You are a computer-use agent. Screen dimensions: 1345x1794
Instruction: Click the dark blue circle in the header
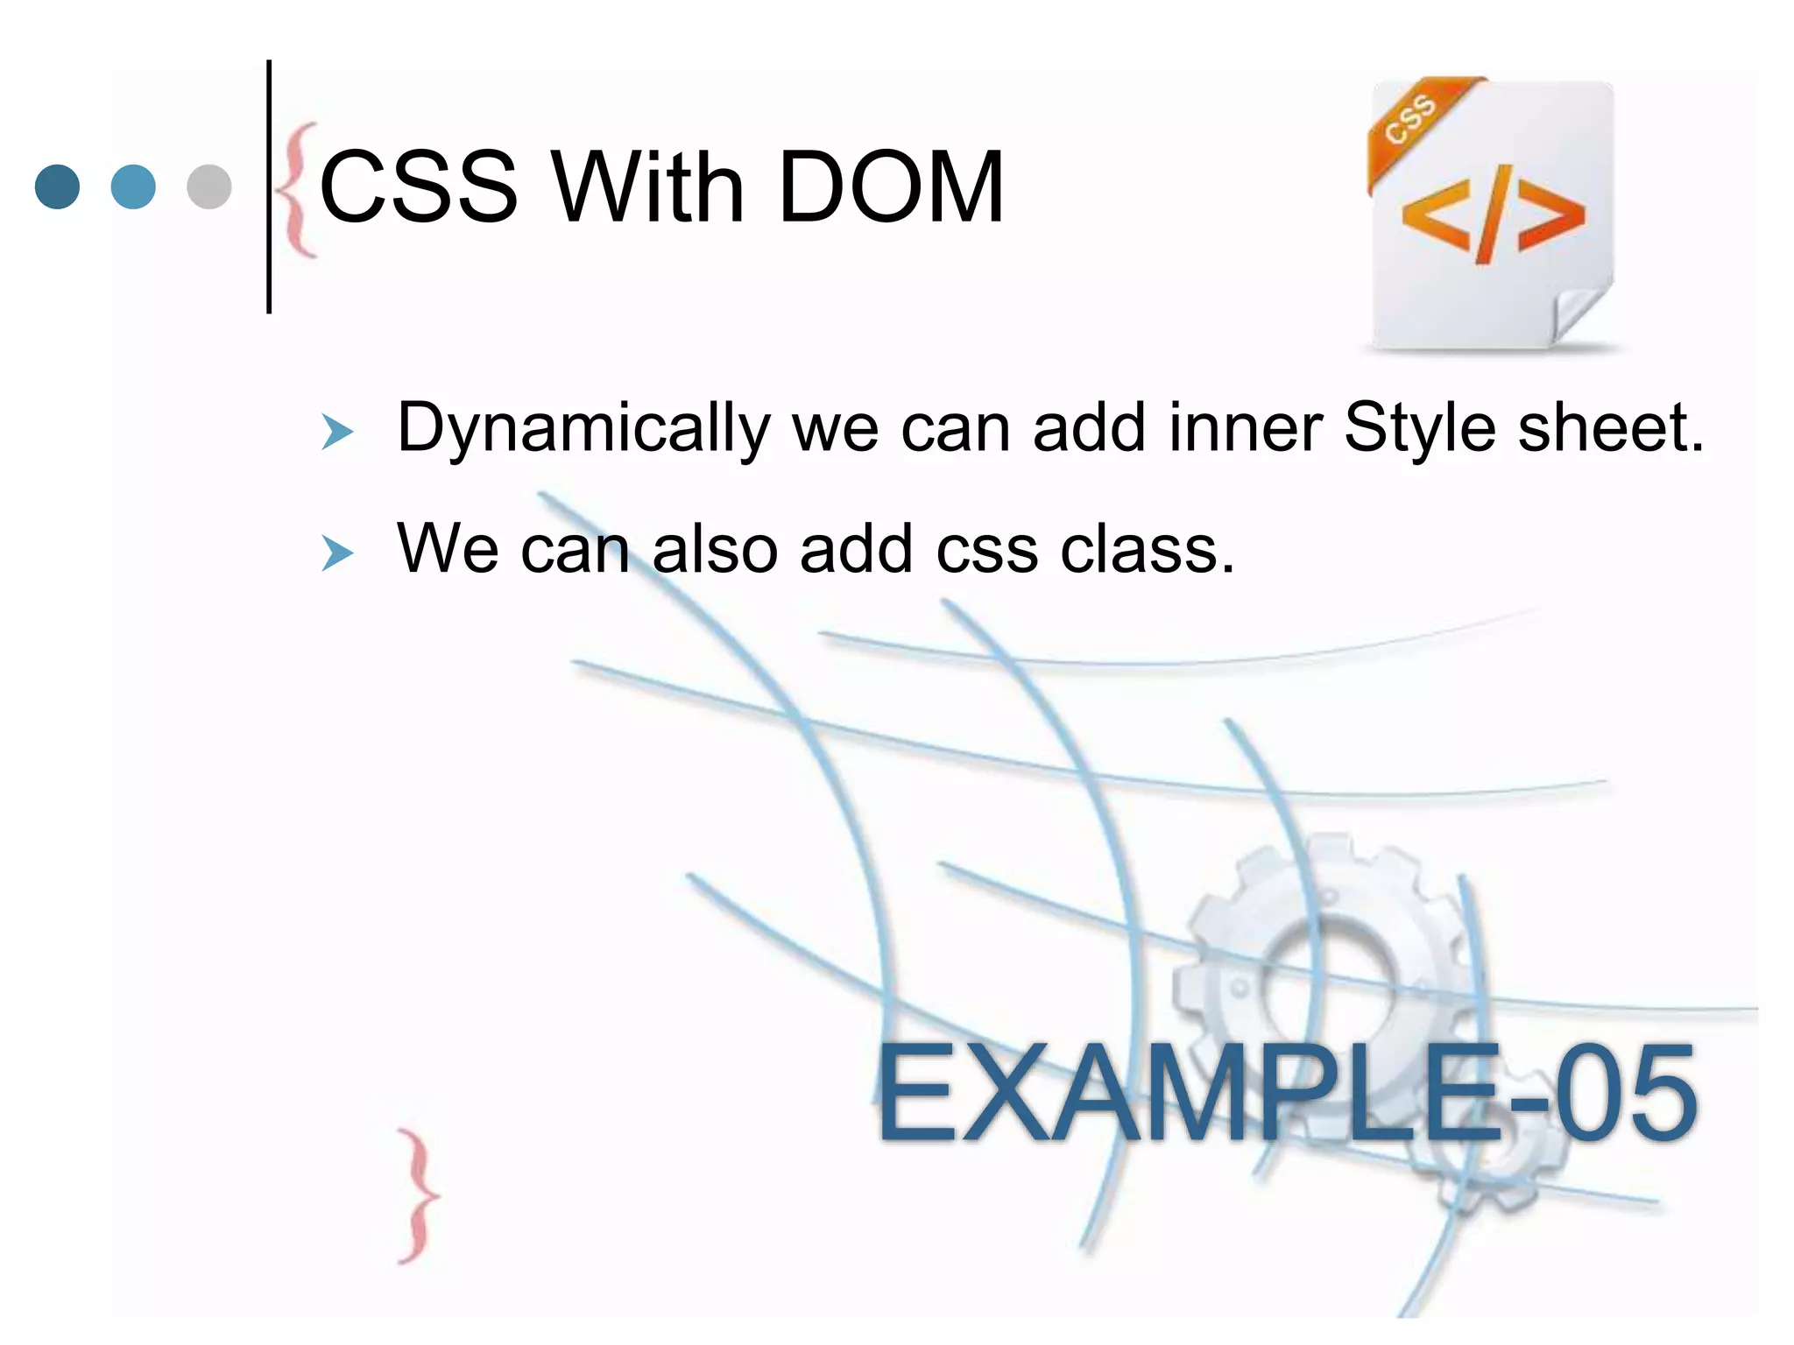tap(58, 187)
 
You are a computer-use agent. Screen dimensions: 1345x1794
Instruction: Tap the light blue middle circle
tap(134, 187)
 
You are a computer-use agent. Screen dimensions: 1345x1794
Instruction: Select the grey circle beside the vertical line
tap(209, 187)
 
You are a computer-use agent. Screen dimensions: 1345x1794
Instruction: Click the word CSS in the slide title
tap(419, 187)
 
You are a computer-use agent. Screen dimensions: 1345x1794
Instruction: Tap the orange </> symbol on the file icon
tap(1493, 215)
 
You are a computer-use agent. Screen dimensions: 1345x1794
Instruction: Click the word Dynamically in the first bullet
tap(583, 428)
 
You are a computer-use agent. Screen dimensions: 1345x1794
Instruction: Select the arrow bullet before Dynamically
tap(337, 433)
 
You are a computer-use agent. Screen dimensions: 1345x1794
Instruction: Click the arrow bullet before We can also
tap(337, 553)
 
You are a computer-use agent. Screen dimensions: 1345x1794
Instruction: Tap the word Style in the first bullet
tap(1419, 428)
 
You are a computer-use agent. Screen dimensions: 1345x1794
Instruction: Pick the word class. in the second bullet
tap(1148, 550)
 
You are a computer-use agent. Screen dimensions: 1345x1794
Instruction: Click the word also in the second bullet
tap(715, 550)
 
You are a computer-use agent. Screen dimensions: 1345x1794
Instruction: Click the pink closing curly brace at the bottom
tap(418, 1196)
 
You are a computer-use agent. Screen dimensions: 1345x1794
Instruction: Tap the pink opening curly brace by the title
tap(298, 190)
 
